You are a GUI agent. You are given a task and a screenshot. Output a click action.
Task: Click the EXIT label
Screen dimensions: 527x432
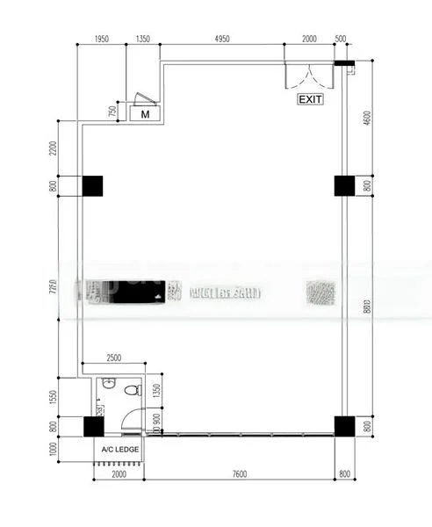pyautogui.click(x=311, y=99)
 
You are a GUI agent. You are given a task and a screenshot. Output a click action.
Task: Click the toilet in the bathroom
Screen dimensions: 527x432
pyautogui.click(x=133, y=389)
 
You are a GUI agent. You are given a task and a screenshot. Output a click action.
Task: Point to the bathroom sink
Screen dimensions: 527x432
pyautogui.click(x=108, y=384)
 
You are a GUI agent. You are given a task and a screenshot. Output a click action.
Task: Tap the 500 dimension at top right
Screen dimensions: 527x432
pyautogui.click(x=341, y=40)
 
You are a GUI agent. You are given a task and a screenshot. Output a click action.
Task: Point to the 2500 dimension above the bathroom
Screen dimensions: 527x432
pyautogui.click(x=115, y=358)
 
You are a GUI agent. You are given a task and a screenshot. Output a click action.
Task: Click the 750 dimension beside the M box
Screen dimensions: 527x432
pyautogui.click(x=112, y=112)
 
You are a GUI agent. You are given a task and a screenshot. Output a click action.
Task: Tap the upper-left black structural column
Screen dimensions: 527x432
pyautogui.click(x=92, y=185)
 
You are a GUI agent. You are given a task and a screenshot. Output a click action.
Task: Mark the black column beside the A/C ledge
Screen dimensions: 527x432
pyautogui.click(x=92, y=427)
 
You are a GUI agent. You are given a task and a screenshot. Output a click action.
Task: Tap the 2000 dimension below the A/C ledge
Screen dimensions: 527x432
pyautogui.click(x=119, y=474)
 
